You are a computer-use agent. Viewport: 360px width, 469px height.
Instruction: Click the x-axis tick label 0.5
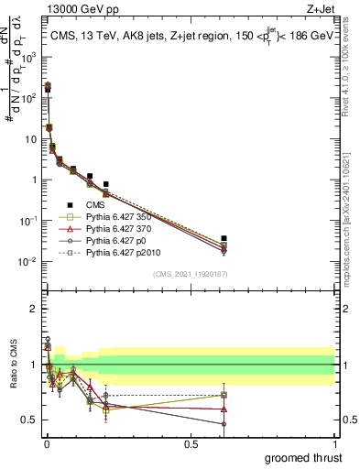click(191, 443)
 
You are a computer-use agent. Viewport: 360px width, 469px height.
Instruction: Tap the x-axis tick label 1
click(334, 443)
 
